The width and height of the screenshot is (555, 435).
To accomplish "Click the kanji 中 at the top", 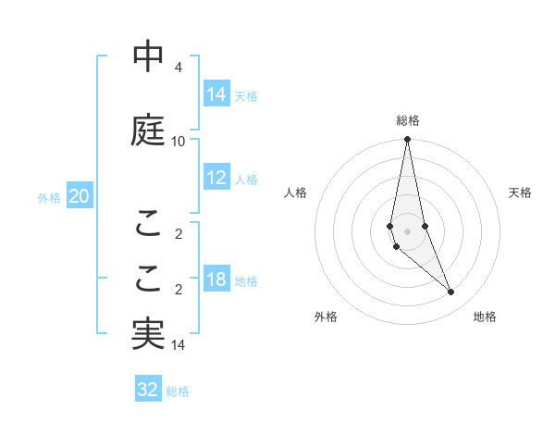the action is click(148, 57).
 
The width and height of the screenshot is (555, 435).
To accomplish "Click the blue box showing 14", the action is click(216, 94).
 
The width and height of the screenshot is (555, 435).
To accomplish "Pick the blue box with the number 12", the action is click(216, 179).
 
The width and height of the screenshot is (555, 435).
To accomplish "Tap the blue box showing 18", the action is click(216, 280).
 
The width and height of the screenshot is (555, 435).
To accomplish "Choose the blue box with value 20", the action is click(79, 196).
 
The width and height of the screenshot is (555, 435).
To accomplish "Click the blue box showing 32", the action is click(148, 390).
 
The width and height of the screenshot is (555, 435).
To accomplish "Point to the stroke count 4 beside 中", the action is click(178, 68).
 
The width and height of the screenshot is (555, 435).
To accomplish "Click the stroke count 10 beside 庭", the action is click(178, 142).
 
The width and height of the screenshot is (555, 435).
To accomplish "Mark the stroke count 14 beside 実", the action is click(178, 345).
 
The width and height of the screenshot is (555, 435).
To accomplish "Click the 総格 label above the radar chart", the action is click(408, 120).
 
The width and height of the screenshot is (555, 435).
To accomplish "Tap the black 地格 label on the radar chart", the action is click(485, 317).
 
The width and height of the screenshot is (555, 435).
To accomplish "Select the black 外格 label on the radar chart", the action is click(326, 317).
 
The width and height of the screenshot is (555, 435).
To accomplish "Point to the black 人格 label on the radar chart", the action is click(296, 193).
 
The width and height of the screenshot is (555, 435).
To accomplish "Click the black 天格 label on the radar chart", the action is click(521, 193).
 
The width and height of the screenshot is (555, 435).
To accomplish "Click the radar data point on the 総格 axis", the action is click(408, 140).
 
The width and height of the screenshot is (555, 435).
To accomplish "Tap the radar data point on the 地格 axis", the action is click(451, 292).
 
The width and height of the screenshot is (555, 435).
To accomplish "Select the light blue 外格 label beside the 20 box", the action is click(49, 197).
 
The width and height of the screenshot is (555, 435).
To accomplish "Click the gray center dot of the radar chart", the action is click(408, 230).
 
